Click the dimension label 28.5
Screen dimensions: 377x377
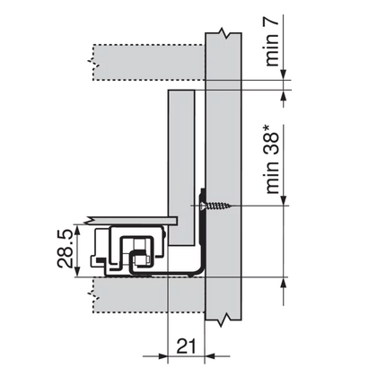[x=65, y=249]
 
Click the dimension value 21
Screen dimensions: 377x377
[x=186, y=346]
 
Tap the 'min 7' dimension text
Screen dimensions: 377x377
[x=272, y=40]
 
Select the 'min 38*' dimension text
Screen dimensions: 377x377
[x=272, y=159]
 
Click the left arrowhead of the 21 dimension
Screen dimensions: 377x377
[x=162, y=356]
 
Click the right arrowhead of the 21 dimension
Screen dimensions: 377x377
[x=210, y=356]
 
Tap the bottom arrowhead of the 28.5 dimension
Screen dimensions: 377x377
[x=77, y=272]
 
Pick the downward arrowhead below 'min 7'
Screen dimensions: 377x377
[x=284, y=75]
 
